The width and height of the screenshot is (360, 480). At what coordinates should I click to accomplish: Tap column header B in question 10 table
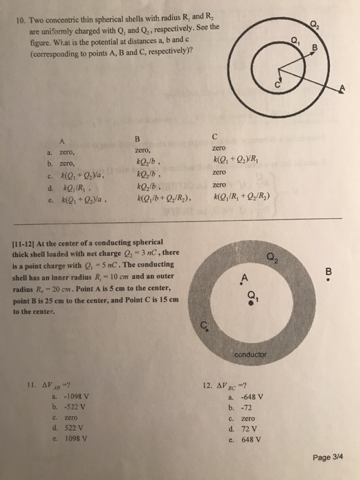(136, 135)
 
